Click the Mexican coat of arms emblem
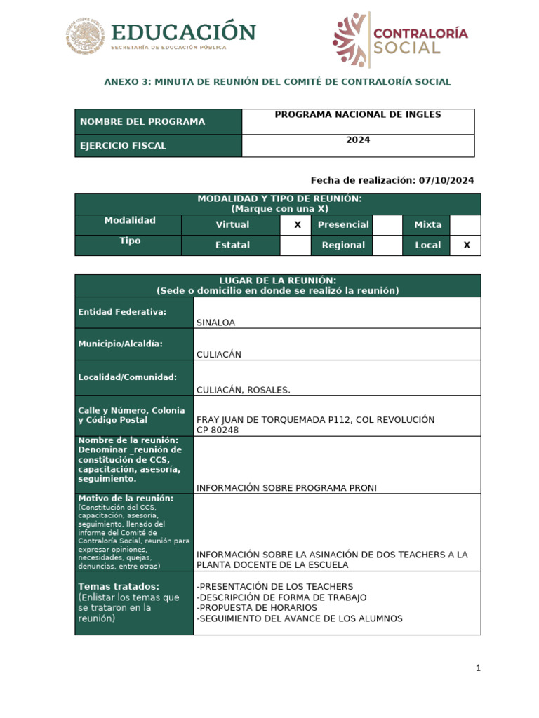click(x=86, y=36)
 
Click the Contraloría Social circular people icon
click(x=351, y=39)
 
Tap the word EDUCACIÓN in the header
click(x=182, y=32)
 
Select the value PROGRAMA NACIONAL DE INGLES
click(x=357, y=114)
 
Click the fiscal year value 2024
click(x=357, y=140)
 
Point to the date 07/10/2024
click(x=446, y=180)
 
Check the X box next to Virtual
click(x=297, y=225)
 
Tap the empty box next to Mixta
click(x=465, y=225)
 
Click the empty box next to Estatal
click(x=295, y=245)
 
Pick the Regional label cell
click(x=342, y=245)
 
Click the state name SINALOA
click(x=216, y=323)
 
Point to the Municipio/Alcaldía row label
click(x=121, y=344)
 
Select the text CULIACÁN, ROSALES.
click(x=243, y=390)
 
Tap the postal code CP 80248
click(x=218, y=430)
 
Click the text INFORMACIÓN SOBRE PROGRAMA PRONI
click(x=286, y=488)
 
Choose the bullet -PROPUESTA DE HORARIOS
click(x=257, y=607)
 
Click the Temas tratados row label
click(x=119, y=586)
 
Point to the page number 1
click(x=478, y=668)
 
